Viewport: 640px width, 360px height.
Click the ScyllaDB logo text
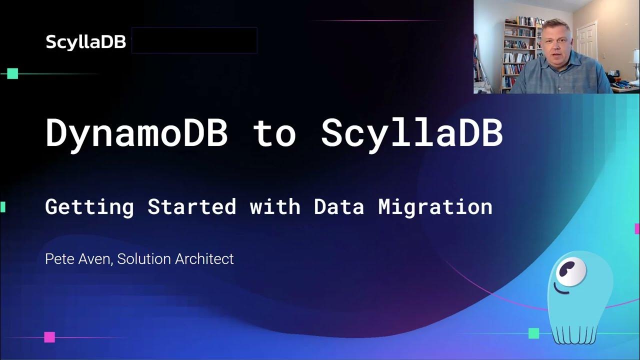[85, 42]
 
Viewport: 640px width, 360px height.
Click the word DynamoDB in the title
[136, 133]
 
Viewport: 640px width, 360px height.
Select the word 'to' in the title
[274, 133]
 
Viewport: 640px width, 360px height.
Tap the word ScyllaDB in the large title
[411, 133]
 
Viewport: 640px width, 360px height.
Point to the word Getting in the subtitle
[89, 206]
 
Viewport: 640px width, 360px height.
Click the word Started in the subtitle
[191, 206]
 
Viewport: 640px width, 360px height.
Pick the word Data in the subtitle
[339, 206]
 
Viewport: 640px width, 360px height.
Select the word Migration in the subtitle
[435, 206]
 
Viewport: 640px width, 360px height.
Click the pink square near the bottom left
[49, 337]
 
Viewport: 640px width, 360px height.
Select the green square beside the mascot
[534, 333]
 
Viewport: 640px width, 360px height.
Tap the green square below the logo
[12, 74]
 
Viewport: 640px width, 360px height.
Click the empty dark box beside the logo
[194, 40]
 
